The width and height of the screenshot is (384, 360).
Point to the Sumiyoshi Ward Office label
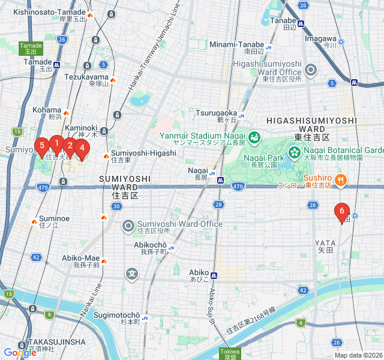coord(180,224)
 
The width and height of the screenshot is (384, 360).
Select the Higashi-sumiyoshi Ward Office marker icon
coord(311,71)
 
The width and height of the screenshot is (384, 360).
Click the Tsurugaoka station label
coord(216,112)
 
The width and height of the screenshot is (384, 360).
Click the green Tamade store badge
coord(31,48)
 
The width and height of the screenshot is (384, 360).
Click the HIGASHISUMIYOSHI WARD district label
coord(311,124)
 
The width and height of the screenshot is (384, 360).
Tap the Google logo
coord(20,353)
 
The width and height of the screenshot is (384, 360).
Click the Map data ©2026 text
coord(358,355)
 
